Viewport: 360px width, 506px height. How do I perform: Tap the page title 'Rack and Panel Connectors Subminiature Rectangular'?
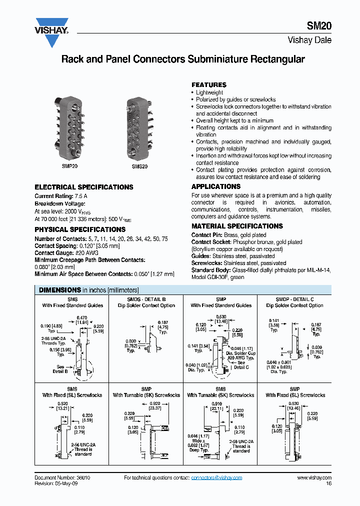click(x=182, y=59)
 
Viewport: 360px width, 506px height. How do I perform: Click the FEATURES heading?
click(x=209, y=85)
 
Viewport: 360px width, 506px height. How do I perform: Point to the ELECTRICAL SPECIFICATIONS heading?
click(x=84, y=187)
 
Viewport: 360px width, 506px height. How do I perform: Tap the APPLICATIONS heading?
click(x=216, y=186)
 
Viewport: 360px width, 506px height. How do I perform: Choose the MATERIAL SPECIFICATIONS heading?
click(x=237, y=226)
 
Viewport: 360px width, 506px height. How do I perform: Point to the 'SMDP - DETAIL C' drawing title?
click(x=294, y=299)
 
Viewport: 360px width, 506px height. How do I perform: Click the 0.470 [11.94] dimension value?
click(x=82, y=320)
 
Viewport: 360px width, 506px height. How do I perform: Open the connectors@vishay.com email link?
click(x=216, y=478)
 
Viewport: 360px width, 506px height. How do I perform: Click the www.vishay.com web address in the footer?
click(x=314, y=478)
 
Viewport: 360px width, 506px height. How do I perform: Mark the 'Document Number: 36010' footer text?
click(x=62, y=478)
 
